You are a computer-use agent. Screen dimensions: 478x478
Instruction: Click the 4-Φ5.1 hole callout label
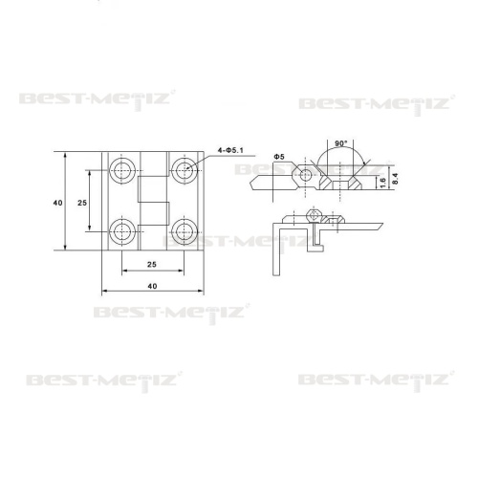click(230, 150)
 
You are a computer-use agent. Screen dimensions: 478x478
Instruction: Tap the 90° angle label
click(340, 143)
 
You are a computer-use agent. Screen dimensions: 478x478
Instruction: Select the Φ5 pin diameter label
click(279, 157)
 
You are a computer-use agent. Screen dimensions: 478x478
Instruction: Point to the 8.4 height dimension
click(395, 179)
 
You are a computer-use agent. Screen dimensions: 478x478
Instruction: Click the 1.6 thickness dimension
click(383, 183)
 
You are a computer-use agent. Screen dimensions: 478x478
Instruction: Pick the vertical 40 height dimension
click(57, 203)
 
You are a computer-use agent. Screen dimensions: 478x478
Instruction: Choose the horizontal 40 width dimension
click(152, 286)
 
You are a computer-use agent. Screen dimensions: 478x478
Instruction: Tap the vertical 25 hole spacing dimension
click(82, 203)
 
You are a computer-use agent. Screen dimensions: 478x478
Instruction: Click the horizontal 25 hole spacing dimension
click(152, 264)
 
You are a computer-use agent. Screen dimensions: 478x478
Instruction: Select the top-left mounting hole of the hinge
click(122, 170)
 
